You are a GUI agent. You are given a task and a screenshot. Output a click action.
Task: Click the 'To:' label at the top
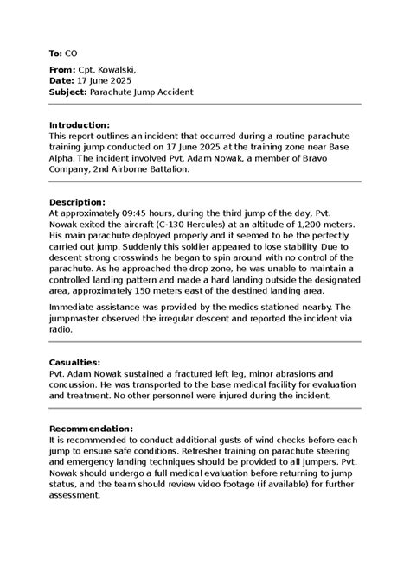pos(55,54)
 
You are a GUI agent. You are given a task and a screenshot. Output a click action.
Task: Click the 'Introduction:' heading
pos(80,125)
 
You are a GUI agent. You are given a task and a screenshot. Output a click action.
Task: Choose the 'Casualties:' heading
pos(75,363)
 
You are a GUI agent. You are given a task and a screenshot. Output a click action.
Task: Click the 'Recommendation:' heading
pos(91,429)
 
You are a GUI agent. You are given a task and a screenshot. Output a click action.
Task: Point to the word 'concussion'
pos(77,384)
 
